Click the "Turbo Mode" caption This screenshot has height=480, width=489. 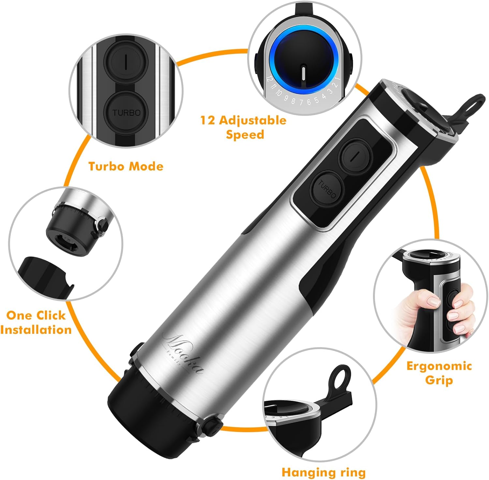point(126,166)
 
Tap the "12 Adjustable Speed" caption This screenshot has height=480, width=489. point(244,127)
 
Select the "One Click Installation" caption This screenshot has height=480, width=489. point(36,322)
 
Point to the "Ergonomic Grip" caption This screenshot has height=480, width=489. point(439,373)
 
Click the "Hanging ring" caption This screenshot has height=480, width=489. point(323,472)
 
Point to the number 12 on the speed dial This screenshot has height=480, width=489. point(269,79)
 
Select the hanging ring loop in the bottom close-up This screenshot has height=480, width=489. point(339,379)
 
